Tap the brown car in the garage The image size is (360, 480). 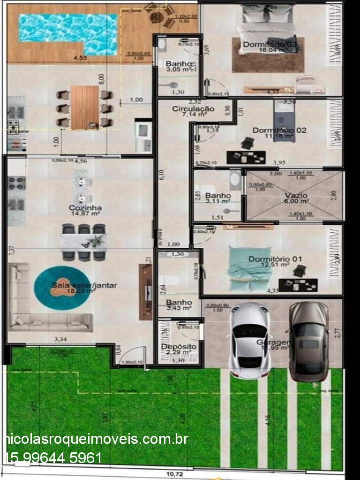308,340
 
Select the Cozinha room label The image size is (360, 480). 85,208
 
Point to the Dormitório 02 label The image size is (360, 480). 279,130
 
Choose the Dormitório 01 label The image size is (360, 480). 275,259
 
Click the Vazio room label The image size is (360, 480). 296,195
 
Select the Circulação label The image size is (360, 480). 193,109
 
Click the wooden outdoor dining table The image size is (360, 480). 85,107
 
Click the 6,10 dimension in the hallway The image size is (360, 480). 161,175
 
